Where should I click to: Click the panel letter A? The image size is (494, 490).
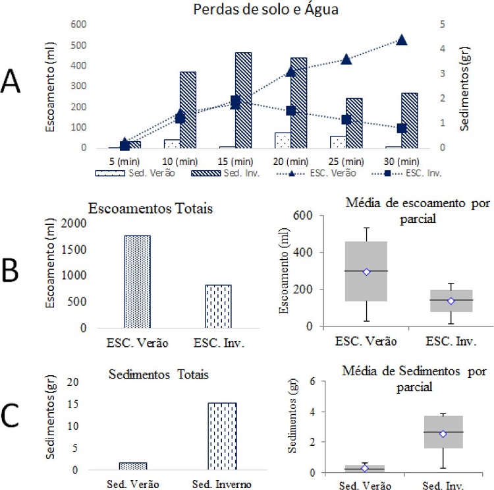(x=14, y=82)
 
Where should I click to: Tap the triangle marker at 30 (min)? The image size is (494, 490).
(x=402, y=40)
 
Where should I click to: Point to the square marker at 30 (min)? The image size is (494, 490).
(x=402, y=129)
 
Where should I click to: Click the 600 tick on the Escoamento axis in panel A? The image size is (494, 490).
(x=78, y=24)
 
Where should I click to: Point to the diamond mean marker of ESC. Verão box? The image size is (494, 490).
(x=366, y=272)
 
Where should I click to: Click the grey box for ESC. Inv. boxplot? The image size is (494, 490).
(x=433, y=301)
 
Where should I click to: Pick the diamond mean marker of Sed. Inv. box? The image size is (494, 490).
(x=444, y=434)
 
